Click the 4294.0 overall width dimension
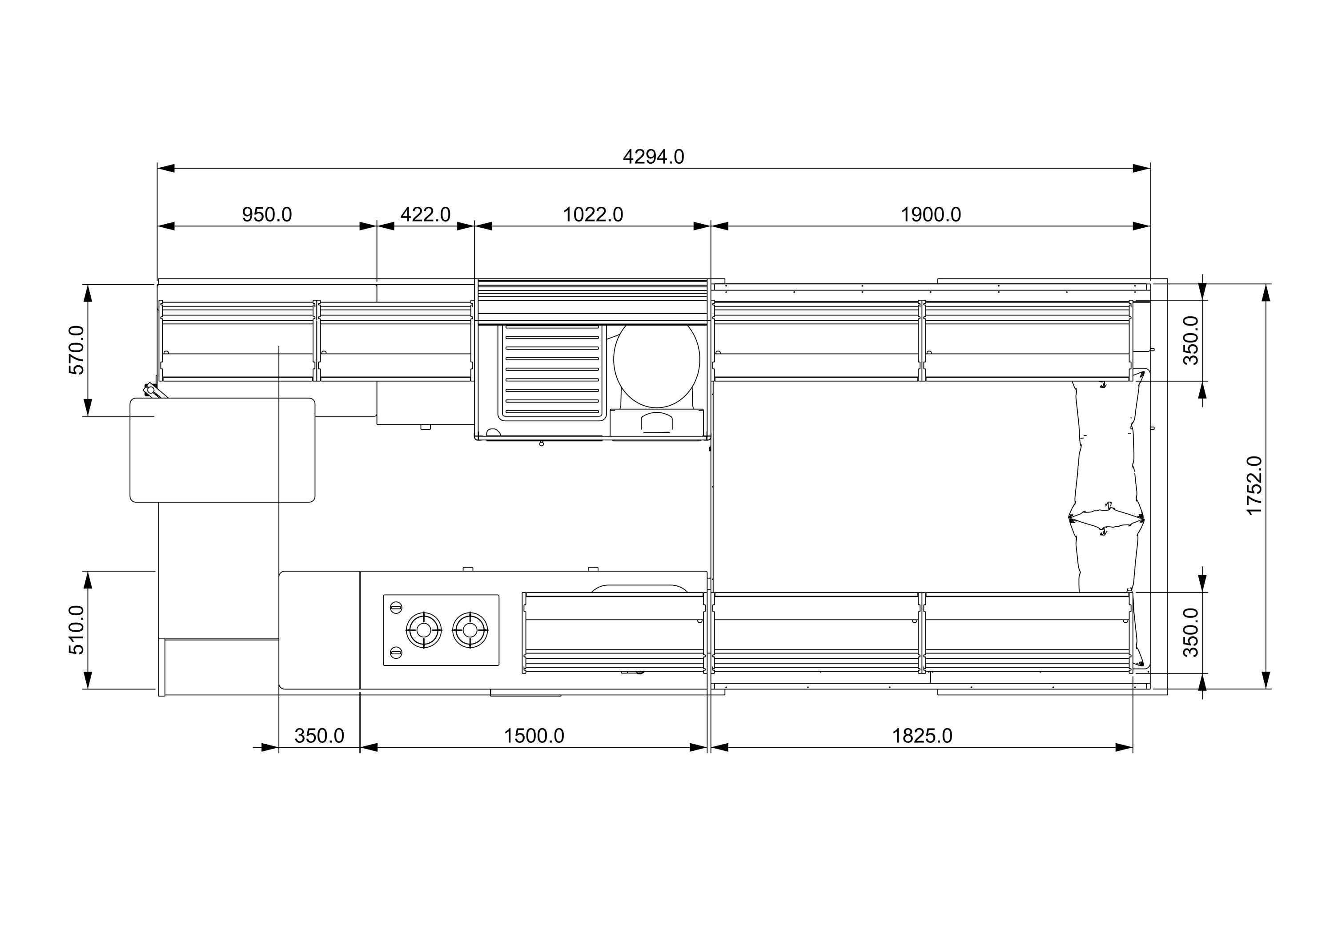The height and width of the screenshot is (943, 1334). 653,157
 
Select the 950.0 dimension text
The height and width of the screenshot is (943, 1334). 267,215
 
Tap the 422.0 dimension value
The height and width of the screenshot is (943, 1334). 425,215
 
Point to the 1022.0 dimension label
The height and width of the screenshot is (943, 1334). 593,215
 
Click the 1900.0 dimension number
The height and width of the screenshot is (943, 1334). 930,215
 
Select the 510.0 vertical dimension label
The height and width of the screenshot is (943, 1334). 76,630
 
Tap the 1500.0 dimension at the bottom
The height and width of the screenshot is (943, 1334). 533,736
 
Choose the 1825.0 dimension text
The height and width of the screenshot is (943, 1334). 922,736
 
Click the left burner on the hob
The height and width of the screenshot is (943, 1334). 424,630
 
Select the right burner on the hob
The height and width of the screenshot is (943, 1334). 470,630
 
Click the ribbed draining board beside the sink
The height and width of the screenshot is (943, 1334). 551,372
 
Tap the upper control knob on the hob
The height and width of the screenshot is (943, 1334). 396,607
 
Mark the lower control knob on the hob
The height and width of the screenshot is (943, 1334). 396,653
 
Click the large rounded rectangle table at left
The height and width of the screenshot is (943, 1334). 222,450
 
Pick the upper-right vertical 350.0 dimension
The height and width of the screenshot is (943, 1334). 1191,340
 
